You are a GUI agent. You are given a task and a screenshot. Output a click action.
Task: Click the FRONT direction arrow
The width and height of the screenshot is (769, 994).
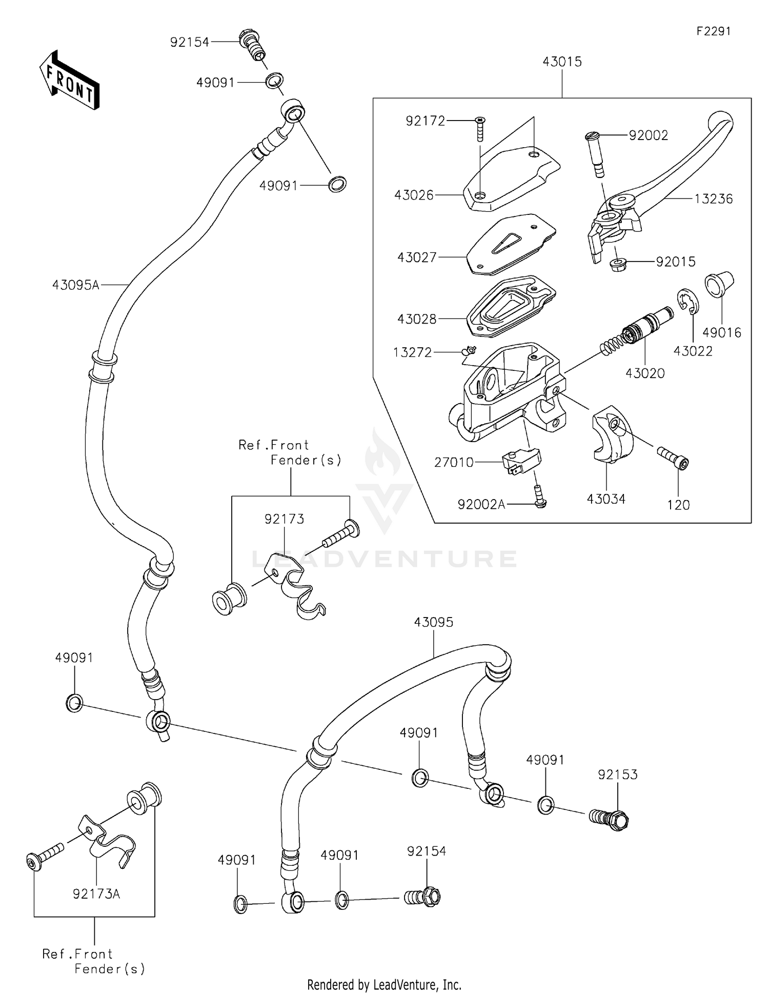69,79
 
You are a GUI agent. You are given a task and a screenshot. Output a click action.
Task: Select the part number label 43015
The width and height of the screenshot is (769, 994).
562,62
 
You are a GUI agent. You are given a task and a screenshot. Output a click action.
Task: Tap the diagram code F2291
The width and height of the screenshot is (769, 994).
713,31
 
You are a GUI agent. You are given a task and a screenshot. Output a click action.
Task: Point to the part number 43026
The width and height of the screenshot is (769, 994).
414,195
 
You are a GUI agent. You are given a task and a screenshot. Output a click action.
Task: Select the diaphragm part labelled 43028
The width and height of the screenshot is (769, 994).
510,306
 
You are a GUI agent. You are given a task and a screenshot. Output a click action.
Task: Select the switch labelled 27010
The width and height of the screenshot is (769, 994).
521,460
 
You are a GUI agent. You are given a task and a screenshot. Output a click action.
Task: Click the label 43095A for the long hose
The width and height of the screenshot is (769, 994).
75,285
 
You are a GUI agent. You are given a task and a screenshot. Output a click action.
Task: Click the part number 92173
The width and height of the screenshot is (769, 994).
284,519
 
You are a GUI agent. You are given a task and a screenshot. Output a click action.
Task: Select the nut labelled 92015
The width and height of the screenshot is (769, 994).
619,265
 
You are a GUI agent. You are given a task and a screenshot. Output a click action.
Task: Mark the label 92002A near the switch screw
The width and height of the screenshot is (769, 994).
481,505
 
